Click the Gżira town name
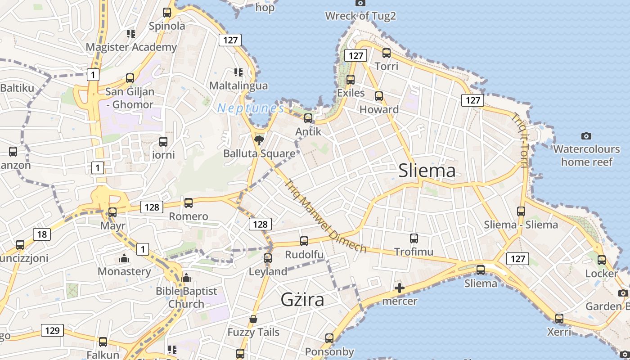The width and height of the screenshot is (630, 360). [x=302, y=299]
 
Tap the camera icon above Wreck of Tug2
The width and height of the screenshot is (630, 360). [x=360, y=3]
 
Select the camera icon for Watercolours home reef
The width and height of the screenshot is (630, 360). [x=586, y=136]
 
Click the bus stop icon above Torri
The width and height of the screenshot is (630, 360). [x=386, y=53]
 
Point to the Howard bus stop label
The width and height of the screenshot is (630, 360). [x=379, y=109]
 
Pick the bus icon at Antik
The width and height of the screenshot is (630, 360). [x=308, y=118]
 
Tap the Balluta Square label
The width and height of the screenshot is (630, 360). [x=259, y=153]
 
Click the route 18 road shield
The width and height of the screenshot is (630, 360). [x=42, y=234]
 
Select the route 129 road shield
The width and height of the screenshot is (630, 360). [x=52, y=330]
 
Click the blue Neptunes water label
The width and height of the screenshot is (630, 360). [x=250, y=108]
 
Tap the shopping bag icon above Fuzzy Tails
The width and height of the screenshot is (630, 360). [x=253, y=319]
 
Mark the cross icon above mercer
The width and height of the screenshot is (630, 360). [x=399, y=288]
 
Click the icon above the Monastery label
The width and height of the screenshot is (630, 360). [x=124, y=258]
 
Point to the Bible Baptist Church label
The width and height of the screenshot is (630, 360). [x=186, y=297]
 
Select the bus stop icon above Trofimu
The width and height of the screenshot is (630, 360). [x=414, y=238]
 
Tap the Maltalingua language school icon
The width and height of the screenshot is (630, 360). [x=238, y=72]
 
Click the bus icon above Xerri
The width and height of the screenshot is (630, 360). [x=559, y=319]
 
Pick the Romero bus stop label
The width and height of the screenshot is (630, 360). [x=188, y=216]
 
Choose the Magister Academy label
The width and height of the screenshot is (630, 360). [x=131, y=47]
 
